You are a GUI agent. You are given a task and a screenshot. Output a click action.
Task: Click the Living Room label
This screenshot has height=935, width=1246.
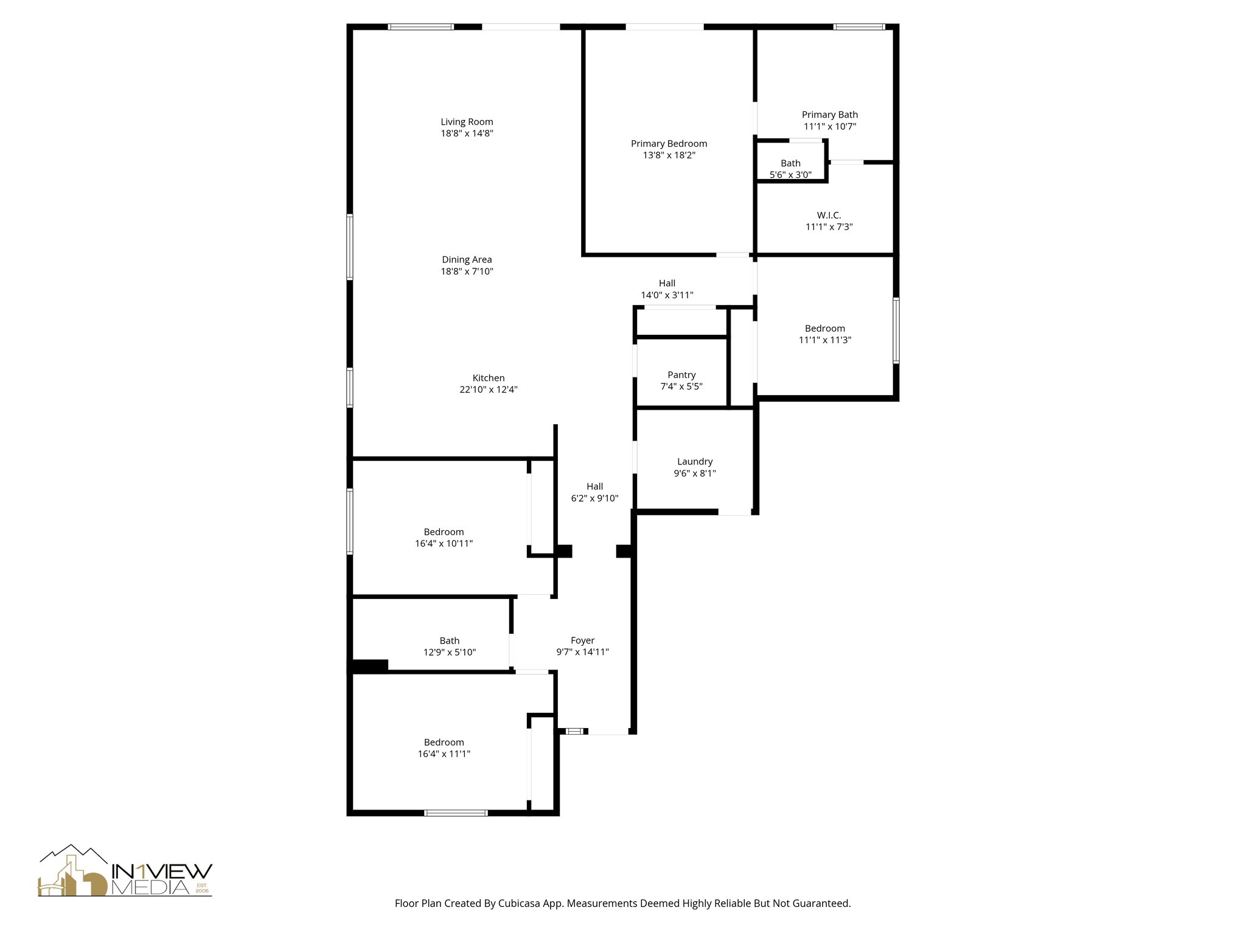tap(467, 122)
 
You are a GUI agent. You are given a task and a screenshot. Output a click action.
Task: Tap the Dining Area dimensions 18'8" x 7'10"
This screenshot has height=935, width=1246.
tap(467, 271)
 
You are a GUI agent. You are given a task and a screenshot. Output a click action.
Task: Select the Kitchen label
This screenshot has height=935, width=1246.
tap(489, 378)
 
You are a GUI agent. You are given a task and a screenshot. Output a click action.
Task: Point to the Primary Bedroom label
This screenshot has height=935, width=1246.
tap(669, 144)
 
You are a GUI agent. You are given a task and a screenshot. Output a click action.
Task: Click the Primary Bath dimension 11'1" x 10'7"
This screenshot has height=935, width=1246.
tap(829, 127)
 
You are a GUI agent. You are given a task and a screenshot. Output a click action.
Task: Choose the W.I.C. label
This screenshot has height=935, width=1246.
tap(829, 215)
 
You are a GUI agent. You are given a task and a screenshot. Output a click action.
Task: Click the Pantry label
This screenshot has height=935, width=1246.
tap(681, 375)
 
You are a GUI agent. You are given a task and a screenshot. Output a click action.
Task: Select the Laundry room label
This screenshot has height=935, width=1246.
tap(695, 461)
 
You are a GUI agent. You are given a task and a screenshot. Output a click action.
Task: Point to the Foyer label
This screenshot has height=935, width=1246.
tap(582, 640)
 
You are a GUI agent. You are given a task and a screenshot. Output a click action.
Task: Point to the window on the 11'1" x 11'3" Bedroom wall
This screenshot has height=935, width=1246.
tap(896, 331)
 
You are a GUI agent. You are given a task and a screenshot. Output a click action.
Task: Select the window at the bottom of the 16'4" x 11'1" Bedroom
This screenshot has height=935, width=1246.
tap(456, 813)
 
